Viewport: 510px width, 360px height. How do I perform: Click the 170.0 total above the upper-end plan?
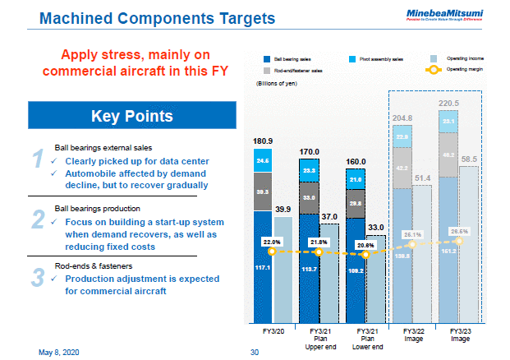coord(309,152)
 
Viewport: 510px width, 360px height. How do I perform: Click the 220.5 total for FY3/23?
coord(449,103)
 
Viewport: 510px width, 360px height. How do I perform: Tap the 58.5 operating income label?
coord(470,159)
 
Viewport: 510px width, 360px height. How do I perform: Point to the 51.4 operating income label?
coord(422,178)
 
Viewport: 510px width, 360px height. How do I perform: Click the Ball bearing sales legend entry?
coord(287,59)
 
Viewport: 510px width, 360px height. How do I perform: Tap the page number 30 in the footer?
coord(254,352)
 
